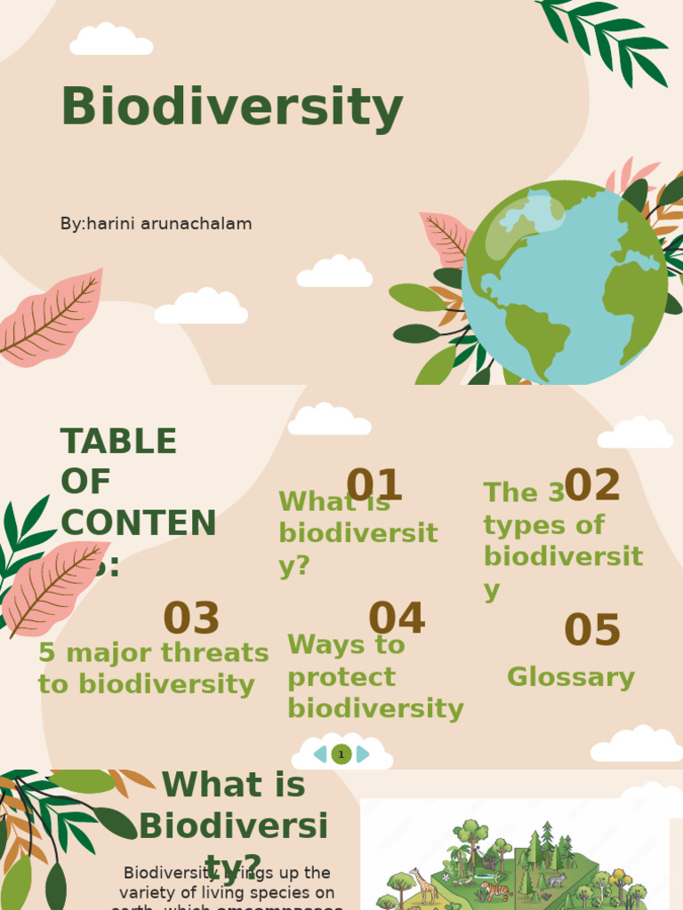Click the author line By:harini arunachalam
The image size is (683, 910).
(x=156, y=224)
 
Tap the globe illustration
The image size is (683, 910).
(x=564, y=283)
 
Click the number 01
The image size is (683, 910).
(x=374, y=485)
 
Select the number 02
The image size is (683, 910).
(x=592, y=485)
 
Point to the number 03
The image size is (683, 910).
(x=191, y=619)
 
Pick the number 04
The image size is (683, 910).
(x=397, y=619)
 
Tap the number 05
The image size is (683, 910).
(x=592, y=630)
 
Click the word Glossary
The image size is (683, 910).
(x=571, y=677)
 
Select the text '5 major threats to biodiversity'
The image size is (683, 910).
(x=153, y=668)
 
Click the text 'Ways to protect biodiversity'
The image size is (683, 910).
(x=375, y=676)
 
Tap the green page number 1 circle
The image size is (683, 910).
(x=341, y=754)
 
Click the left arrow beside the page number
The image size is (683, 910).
(x=320, y=754)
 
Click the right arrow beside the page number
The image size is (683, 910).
(x=362, y=754)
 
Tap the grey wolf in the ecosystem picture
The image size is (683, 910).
(x=556, y=880)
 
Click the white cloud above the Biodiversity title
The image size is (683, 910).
(x=111, y=40)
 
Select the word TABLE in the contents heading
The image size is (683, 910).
(x=118, y=441)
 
